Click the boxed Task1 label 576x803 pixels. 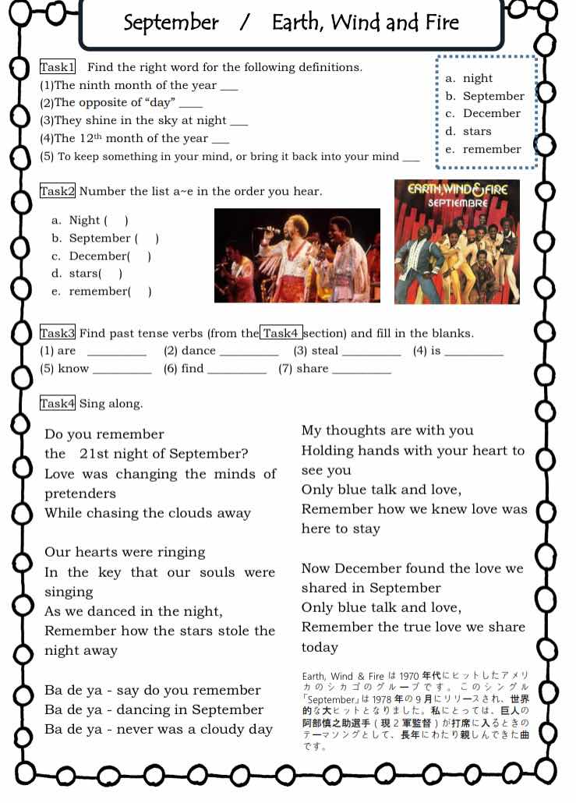tap(57, 67)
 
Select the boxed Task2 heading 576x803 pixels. tap(57, 191)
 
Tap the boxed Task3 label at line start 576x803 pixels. tap(57, 333)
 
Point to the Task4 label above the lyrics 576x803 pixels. tap(57, 403)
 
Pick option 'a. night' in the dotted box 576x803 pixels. tap(469, 78)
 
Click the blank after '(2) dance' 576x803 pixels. tap(249, 352)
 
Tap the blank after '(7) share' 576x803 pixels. tap(361, 370)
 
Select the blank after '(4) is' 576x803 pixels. tap(473, 352)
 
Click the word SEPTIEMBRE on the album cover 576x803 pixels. tap(458, 203)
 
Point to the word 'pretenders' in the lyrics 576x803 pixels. tap(80, 493)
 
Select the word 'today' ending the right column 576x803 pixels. tap(320, 647)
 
